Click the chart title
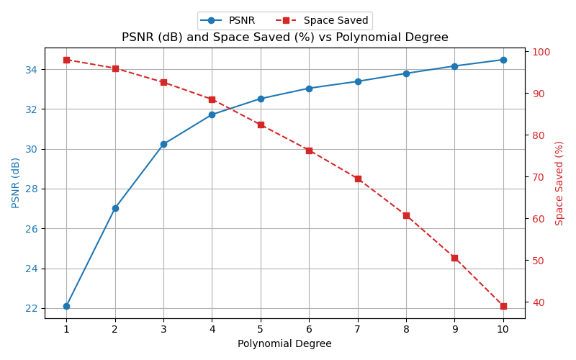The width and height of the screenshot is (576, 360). click(x=284, y=37)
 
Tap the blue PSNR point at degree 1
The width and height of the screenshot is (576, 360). click(x=66, y=306)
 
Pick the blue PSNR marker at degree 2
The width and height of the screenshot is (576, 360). click(x=115, y=208)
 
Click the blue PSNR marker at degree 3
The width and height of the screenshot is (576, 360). click(x=163, y=144)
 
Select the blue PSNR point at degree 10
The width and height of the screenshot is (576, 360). click(x=503, y=60)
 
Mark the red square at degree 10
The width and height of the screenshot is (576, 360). click(x=503, y=306)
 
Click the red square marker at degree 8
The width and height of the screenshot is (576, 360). click(x=406, y=215)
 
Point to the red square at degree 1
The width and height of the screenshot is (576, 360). click(x=66, y=60)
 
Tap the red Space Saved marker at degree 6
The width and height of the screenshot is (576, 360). click(x=309, y=150)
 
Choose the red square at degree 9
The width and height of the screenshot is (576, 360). click(x=454, y=258)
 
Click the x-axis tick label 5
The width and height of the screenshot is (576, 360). click(x=261, y=329)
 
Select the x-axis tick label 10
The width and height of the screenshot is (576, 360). click(x=503, y=329)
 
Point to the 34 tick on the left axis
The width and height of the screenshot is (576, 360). click(x=32, y=70)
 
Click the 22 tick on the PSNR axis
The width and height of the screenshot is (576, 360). click(x=32, y=308)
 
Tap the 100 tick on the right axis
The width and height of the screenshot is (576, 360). click(x=541, y=52)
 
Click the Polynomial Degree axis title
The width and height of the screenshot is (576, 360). click(x=284, y=344)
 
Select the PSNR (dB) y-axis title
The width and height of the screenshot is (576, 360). click(x=16, y=183)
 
